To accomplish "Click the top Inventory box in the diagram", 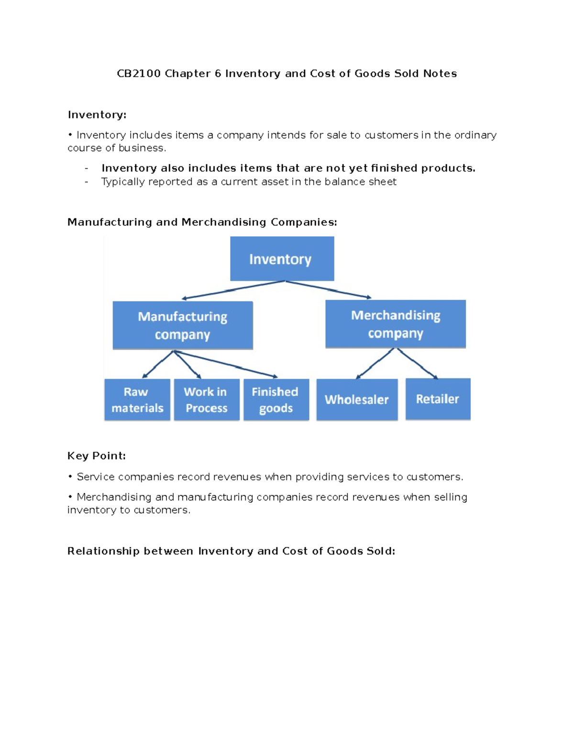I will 282,259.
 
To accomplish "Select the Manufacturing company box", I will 183,325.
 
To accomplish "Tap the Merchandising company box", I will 396,324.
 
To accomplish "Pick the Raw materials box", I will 137,399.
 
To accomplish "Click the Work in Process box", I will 207,399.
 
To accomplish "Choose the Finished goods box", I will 276,399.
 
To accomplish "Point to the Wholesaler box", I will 357,399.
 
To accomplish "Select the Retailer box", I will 438,399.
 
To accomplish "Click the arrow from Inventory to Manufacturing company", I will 232,290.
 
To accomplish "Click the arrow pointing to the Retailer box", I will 417,364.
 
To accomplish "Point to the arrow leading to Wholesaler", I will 375,364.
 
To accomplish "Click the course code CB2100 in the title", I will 138,74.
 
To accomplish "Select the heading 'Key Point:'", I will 96,456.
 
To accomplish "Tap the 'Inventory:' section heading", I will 97,115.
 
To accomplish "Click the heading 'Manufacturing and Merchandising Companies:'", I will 202,222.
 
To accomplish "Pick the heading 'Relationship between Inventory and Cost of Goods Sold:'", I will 231,551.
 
